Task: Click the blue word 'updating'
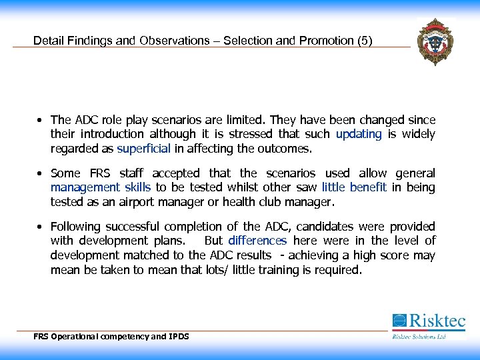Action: (x=359, y=135)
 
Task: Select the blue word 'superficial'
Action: (x=144, y=149)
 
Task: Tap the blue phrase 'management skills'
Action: (x=101, y=188)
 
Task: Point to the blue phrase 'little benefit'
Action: (x=354, y=188)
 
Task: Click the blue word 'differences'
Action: (x=257, y=241)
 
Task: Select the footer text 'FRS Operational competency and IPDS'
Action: (x=111, y=337)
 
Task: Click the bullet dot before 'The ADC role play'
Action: (x=41, y=121)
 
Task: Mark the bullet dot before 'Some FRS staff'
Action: (x=41, y=174)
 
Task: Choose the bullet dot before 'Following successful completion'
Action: (x=41, y=227)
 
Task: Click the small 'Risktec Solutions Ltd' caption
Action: (x=418, y=337)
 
